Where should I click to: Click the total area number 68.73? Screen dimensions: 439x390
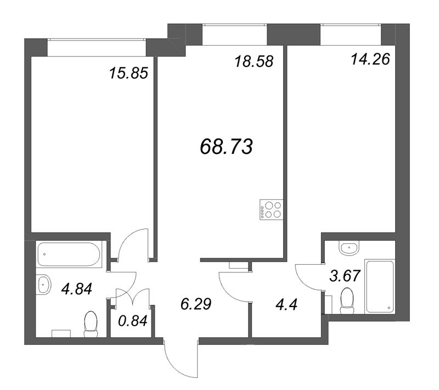pyautogui.click(x=226, y=147)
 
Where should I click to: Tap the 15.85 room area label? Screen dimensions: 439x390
pyautogui.click(x=128, y=74)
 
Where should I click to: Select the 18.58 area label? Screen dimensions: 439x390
pyautogui.click(x=254, y=62)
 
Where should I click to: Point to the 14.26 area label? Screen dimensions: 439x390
pyautogui.click(x=370, y=59)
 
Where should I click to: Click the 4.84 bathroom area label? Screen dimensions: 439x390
pyautogui.click(x=77, y=289)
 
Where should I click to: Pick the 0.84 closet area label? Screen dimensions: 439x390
pyautogui.click(x=132, y=321)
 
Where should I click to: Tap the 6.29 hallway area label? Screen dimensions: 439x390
pyautogui.click(x=196, y=304)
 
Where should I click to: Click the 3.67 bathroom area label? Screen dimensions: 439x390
pyautogui.click(x=345, y=276)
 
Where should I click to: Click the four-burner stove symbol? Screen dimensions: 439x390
pyautogui.click(x=271, y=210)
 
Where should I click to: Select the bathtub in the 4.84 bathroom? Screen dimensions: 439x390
pyautogui.click(x=69, y=254)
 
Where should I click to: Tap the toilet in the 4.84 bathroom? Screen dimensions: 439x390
pyautogui.click(x=91, y=325)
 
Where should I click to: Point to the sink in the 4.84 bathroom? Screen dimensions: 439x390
pyautogui.click(x=43, y=285)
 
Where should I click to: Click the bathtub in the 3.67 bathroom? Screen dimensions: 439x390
pyautogui.click(x=379, y=287)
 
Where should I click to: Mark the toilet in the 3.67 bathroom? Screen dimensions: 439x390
pyautogui.click(x=347, y=301)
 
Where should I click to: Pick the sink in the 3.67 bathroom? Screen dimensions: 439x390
pyautogui.click(x=348, y=248)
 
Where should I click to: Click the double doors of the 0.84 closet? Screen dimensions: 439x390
pyautogui.click(x=132, y=297)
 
